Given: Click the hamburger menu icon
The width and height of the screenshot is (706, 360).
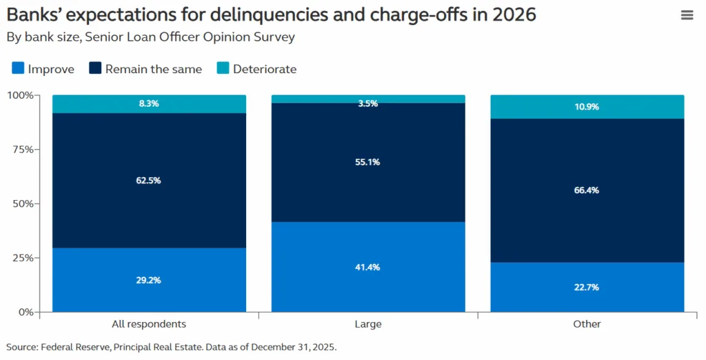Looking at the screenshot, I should pyautogui.click(x=687, y=15).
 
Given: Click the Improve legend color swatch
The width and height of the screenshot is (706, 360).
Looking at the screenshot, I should pyautogui.click(x=19, y=68).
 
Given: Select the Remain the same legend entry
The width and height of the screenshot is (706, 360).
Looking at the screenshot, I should pyautogui.click(x=153, y=69).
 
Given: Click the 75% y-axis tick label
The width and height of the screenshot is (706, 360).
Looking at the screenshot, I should pyautogui.click(x=21, y=150).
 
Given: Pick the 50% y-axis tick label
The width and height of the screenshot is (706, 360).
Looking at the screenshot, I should pyautogui.click(x=21, y=203).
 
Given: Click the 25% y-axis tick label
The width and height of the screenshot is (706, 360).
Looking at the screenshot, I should pyautogui.click(x=21, y=258).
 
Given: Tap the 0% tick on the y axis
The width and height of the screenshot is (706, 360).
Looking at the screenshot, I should pyautogui.click(x=24, y=312).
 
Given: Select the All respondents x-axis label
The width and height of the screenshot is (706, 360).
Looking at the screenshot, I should pyautogui.click(x=149, y=324).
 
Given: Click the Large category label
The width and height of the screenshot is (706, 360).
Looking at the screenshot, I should pyautogui.click(x=368, y=324).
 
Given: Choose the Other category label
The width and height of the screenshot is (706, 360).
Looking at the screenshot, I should pyautogui.click(x=587, y=324).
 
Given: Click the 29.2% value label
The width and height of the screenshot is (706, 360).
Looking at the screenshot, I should pyautogui.click(x=149, y=281).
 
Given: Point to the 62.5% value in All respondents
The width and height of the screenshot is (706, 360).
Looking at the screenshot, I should pyautogui.click(x=149, y=181).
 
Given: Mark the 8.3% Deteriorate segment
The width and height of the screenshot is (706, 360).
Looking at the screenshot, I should pyautogui.click(x=149, y=103).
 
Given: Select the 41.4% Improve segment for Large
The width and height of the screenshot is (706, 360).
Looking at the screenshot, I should pyautogui.click(x=368, y=267).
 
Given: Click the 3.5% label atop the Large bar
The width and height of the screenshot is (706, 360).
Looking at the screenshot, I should pyautogui.click(x=368, y=103).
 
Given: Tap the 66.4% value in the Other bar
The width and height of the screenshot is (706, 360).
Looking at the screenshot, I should pyautogui.click(x=587, y=190).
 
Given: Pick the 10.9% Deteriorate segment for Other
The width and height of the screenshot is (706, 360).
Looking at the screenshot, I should pyautogui.click(x=587, y=107).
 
